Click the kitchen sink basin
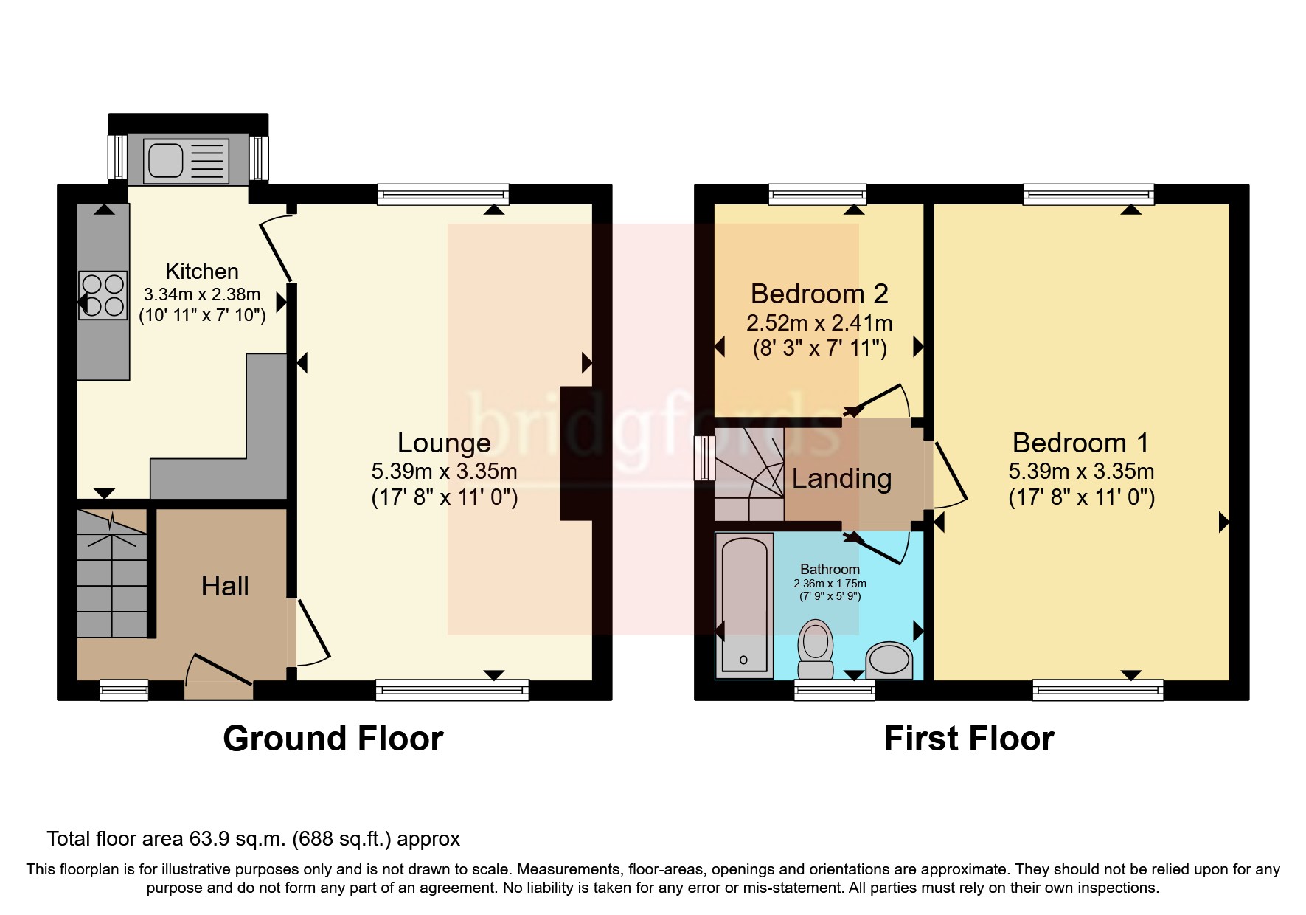click(164, 159)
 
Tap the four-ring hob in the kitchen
click(103, 296)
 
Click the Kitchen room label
click(201, 272)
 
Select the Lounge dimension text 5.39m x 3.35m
click(444, 472)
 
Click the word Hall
click(225, 587)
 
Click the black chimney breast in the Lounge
click(576, 453)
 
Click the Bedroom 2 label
click(819, 294)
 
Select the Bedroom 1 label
click(1080, 443)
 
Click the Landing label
click(841, 479)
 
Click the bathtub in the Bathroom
click(744, 606)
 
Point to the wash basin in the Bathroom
click(889, 660)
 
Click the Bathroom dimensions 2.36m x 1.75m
click(830, 584)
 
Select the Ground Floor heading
click(333, 739)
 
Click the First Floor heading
click(968, 739)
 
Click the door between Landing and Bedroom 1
click(951, 473)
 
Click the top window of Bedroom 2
click(817, 195)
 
